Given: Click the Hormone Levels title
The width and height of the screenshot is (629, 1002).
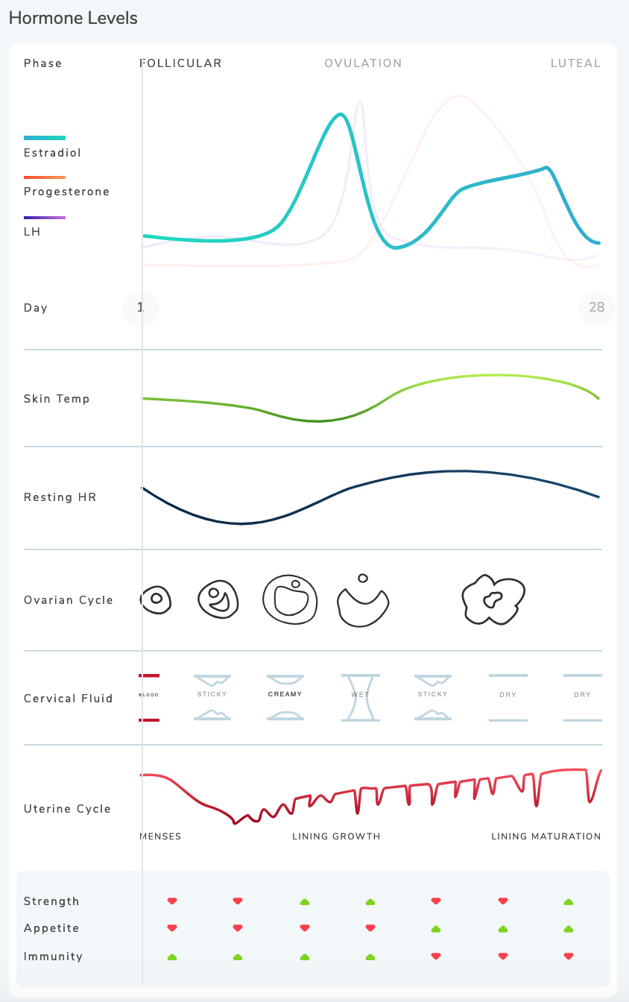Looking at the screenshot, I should [73, 19].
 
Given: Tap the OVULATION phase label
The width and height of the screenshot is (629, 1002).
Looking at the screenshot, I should [363, 63].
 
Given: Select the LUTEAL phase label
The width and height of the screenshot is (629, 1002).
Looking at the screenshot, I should [575, 63].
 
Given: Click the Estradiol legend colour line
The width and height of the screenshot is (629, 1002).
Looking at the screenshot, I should [45, 138].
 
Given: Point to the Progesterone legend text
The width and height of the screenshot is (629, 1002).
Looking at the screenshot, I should [66, 192].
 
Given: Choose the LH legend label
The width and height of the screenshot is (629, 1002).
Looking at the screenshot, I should [32, 232].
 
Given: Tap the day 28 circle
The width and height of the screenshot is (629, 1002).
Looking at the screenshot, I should [596, 307].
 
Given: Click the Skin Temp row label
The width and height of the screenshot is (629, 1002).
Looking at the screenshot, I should [57, 399].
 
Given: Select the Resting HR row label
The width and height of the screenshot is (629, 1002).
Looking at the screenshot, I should [60, 497].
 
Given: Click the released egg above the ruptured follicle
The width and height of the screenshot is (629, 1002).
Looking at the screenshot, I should [363, 578].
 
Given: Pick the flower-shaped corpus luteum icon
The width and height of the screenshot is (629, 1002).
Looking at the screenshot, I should [493, 599].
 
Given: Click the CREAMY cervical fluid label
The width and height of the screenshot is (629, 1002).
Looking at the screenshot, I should [285, 694].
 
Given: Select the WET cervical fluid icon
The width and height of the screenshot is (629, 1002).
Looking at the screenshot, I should [361, 697].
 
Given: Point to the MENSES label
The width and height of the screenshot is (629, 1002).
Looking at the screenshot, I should [160, 836].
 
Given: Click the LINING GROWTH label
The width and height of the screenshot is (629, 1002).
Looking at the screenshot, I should [336, 836].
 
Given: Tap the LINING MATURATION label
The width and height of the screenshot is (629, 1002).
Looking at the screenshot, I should [546, 836].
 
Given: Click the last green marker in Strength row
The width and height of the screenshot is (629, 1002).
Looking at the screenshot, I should [569, 902].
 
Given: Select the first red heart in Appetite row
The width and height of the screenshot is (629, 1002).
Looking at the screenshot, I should [172, 928].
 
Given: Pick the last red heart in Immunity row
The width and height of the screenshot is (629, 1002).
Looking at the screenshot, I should [569, 956].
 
